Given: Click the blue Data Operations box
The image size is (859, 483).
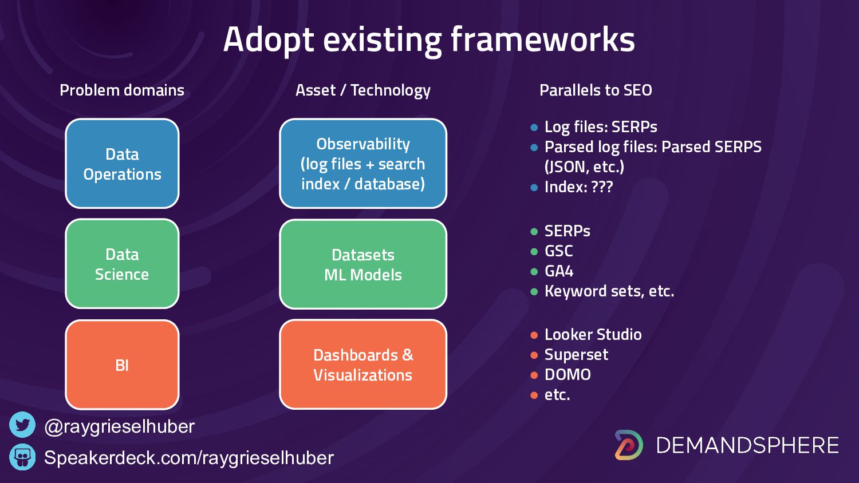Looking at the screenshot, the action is pos(122,164).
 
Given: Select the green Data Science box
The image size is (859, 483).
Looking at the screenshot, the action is pos(122,264).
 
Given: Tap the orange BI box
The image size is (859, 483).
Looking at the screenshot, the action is pos(122,365).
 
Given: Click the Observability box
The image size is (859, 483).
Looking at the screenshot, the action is pos(363,164).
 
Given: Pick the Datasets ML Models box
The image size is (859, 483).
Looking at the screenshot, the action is pos(363,264).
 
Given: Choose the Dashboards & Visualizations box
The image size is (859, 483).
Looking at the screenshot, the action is pos(363,365).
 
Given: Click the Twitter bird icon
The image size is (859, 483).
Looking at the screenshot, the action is pos(22,425).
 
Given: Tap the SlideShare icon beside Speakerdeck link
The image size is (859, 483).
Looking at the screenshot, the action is pos(22,457).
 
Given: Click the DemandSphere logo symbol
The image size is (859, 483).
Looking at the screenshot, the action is pos(629,445).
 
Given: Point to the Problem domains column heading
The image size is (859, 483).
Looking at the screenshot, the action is pos(122,90).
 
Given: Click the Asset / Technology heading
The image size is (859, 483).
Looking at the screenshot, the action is pos(362,90).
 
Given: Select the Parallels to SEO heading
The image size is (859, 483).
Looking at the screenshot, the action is pos(596,90).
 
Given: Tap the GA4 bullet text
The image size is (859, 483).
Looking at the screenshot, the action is pos(559,271).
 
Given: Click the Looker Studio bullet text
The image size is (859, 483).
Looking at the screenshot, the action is pos(593,334).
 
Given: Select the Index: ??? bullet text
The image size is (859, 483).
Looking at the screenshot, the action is pos(578,187).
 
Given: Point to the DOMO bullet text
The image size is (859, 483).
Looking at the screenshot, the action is pos(568,374).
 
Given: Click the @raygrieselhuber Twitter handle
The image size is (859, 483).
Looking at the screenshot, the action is pos(119,426).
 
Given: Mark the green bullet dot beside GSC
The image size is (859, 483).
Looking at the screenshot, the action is pos(534,251).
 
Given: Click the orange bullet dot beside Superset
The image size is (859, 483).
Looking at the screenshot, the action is pos(534,355).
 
